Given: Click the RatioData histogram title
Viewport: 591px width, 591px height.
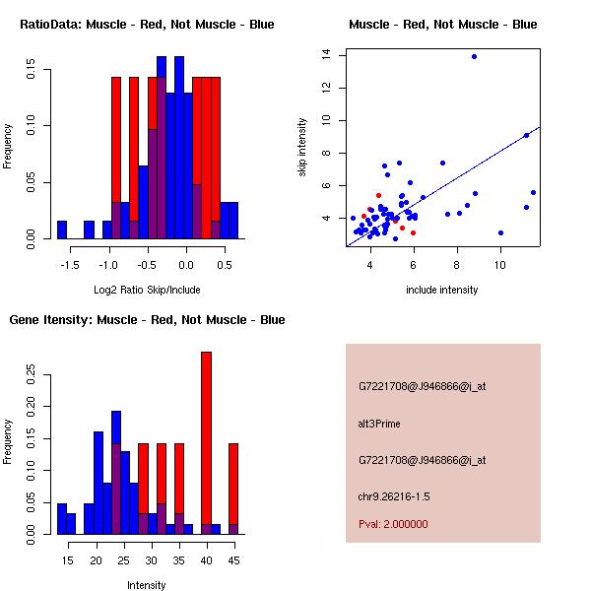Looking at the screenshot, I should pos(147,24).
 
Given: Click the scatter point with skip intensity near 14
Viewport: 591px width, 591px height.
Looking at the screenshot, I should pos(474,56).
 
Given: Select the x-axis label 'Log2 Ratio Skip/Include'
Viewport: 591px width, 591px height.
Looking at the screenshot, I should pos(147,290).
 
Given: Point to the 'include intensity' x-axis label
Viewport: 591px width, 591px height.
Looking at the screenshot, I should pos(442,290).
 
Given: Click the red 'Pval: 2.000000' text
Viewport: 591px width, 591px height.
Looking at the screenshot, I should pos(393,524).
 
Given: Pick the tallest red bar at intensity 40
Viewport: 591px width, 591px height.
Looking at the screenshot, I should pos(206,443).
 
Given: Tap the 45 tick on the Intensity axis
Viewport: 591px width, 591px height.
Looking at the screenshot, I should pos(233,560).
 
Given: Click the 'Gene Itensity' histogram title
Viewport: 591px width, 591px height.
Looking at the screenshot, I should pos(147,319).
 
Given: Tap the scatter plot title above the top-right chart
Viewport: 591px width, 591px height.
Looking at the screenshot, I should pos(442,24).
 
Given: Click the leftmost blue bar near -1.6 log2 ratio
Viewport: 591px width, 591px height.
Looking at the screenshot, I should pos(62,230).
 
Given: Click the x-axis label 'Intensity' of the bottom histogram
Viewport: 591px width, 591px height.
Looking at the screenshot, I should pos(147,585).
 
